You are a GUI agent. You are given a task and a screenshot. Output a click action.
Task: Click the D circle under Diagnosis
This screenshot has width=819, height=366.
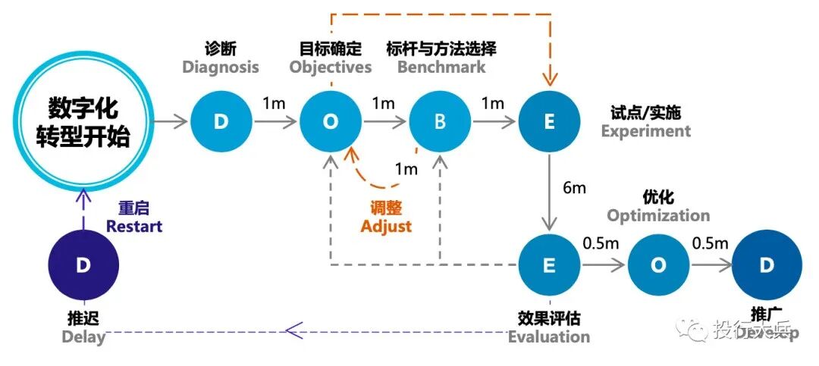coord(221,122)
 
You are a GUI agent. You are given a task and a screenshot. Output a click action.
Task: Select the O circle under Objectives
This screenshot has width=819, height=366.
coord(330,122)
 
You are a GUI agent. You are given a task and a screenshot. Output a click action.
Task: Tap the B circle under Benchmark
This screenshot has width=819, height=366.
coord(440,122)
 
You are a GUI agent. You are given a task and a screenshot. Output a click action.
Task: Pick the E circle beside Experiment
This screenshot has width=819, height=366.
coord(549,122)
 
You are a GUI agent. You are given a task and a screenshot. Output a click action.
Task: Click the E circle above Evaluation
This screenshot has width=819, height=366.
coord(549,265)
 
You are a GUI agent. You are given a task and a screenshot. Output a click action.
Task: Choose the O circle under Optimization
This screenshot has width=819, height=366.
coord(658,265)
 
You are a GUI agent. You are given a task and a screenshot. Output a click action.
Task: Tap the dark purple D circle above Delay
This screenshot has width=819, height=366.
coord(83,265)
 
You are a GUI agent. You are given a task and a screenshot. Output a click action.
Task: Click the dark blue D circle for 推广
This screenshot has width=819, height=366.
coord(767,265)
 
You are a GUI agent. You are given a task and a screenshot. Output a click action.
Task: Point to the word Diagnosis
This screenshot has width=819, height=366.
coord(221,67)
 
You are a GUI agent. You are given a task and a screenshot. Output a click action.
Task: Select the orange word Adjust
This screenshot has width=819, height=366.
coord(387,226)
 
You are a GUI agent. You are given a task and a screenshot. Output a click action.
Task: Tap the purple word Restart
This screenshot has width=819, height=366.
coord(134,226)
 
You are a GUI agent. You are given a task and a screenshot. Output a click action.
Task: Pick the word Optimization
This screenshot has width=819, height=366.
coord(658,215)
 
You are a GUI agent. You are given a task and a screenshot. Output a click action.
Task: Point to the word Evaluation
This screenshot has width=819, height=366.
coord(549,336)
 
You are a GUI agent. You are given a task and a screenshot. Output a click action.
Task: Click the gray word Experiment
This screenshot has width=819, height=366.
coord(646,131)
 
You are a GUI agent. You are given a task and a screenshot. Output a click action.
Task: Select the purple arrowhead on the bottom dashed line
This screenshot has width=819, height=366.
coord(292,330)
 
